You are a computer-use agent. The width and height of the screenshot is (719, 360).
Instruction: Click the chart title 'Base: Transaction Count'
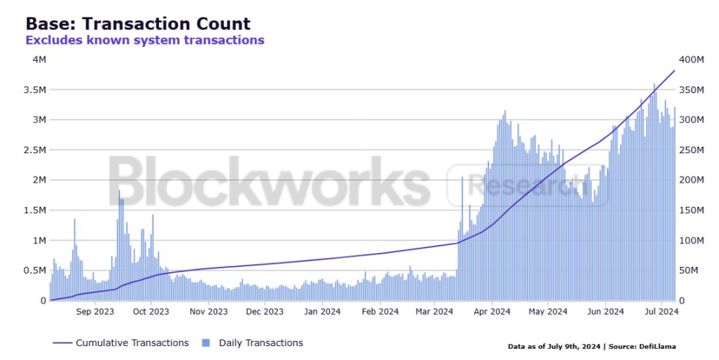point(138,23)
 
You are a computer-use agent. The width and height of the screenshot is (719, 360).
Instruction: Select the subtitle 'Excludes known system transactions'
point(145,40)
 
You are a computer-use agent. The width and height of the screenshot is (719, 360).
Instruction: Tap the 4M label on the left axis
point(40,59)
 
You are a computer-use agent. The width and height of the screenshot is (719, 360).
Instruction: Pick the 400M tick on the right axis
point(691,59)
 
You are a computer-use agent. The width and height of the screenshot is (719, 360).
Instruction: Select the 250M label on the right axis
point(691,150)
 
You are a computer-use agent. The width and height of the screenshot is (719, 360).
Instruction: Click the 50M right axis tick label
point(689,271)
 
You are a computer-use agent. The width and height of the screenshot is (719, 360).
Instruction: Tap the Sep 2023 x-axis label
point(95,312)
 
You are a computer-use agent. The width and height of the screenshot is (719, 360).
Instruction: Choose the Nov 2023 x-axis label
point(209,312)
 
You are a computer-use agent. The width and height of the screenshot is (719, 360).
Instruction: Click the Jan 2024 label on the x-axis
point(321,312)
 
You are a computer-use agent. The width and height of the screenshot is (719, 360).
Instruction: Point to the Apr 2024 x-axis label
point(491,312)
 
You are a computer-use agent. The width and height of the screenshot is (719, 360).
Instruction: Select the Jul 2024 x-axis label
point(662,312)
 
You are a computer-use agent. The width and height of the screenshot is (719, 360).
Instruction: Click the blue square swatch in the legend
point(205,342)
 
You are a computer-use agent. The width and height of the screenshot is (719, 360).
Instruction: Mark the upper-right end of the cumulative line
point(674,70)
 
